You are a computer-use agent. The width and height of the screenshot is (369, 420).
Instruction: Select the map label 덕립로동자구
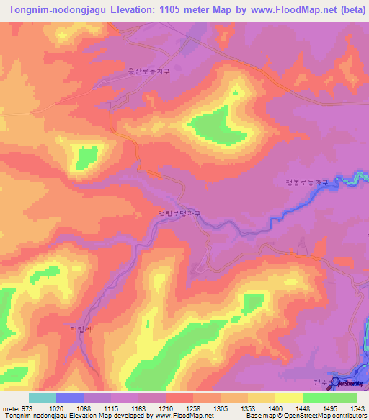tap(179, 214)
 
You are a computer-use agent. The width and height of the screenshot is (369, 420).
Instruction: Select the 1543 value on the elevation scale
tap(358, 408)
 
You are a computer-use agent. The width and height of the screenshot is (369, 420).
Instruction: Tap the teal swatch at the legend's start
tap(43, 398)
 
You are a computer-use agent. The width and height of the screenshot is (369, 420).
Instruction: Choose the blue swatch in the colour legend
tap(70, 398)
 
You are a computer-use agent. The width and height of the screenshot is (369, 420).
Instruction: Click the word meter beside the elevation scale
tap(8, 408)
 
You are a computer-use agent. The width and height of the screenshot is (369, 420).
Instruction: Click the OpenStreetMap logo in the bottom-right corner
tap(347, 382)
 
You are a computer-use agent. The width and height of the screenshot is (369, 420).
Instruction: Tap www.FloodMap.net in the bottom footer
tap(178, 416)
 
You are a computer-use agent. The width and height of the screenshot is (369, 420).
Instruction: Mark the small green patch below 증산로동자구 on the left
tap(86, 156)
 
